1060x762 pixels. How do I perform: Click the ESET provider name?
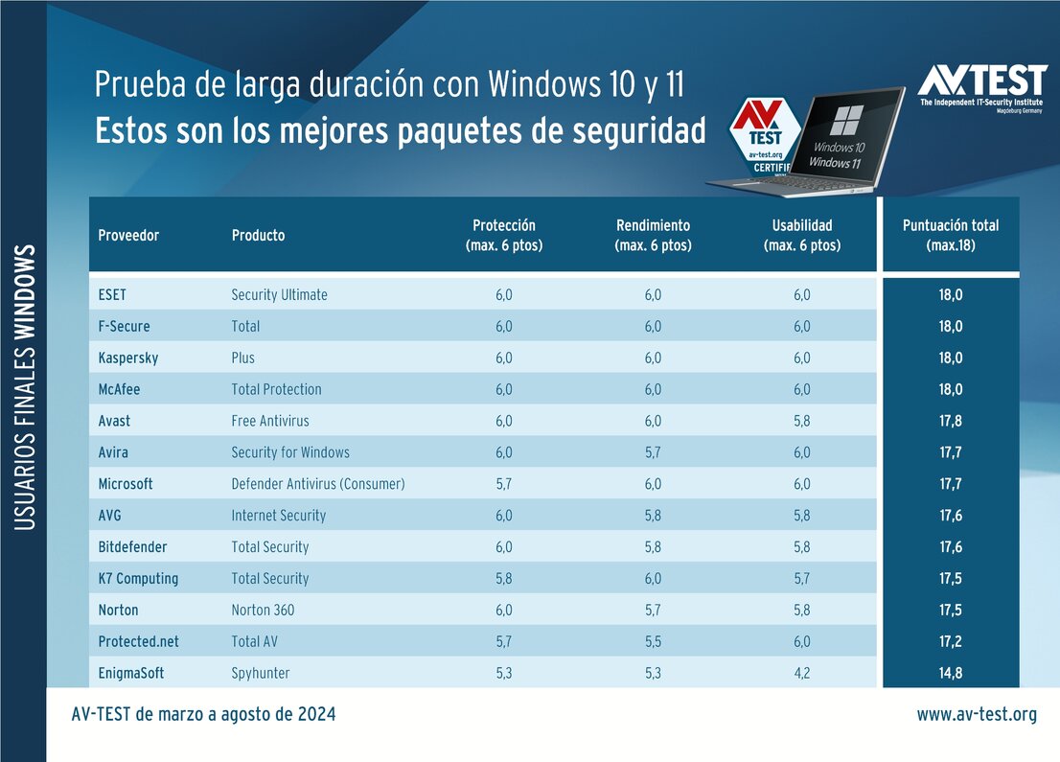pyautogui.click(x=113, y=294)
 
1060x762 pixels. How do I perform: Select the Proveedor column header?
pyautogui.click(x=128, y=235)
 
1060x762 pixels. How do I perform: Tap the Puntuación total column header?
pyautogui.click(x=950, y=235)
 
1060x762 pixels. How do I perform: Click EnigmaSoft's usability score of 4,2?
pyautogui.click(x=801, y=673)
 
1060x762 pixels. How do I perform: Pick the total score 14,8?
pyautogui.click(x=950, y=673)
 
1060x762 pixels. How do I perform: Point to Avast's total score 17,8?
pyautogui.click(x=950, y=421)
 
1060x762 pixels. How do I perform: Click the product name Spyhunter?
pyautogui.click(x=260, y=673)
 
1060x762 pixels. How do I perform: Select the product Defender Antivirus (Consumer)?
pyautogui.click(x=317, y=484)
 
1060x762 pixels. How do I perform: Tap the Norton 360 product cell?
pyautogui.click(x=263, y=610)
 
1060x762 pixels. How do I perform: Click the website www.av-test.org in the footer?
pyautogui.click(x=976, y=715)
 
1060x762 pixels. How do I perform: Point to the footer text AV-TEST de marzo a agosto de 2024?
pyautogui.click(x=203, y=715)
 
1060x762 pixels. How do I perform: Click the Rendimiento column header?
pyautogui.click(x=653, y=235)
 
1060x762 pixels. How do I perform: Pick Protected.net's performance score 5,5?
pyautogui.click(x=653, y=641)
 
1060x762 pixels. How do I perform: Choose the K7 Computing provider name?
pyautogui.click(x=138, y=578)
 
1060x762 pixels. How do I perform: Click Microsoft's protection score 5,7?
pyautogui.click(x=503, y=484)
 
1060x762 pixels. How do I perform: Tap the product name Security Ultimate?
pyautogui.click(x=279, y=294)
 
